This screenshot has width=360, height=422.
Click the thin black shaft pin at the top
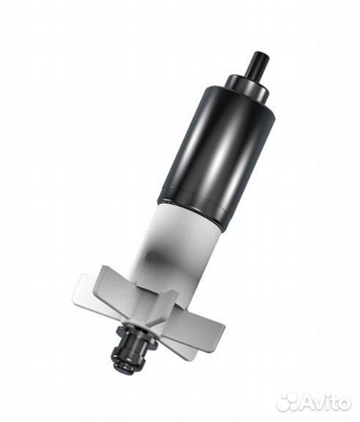click(x=258, y=63)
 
